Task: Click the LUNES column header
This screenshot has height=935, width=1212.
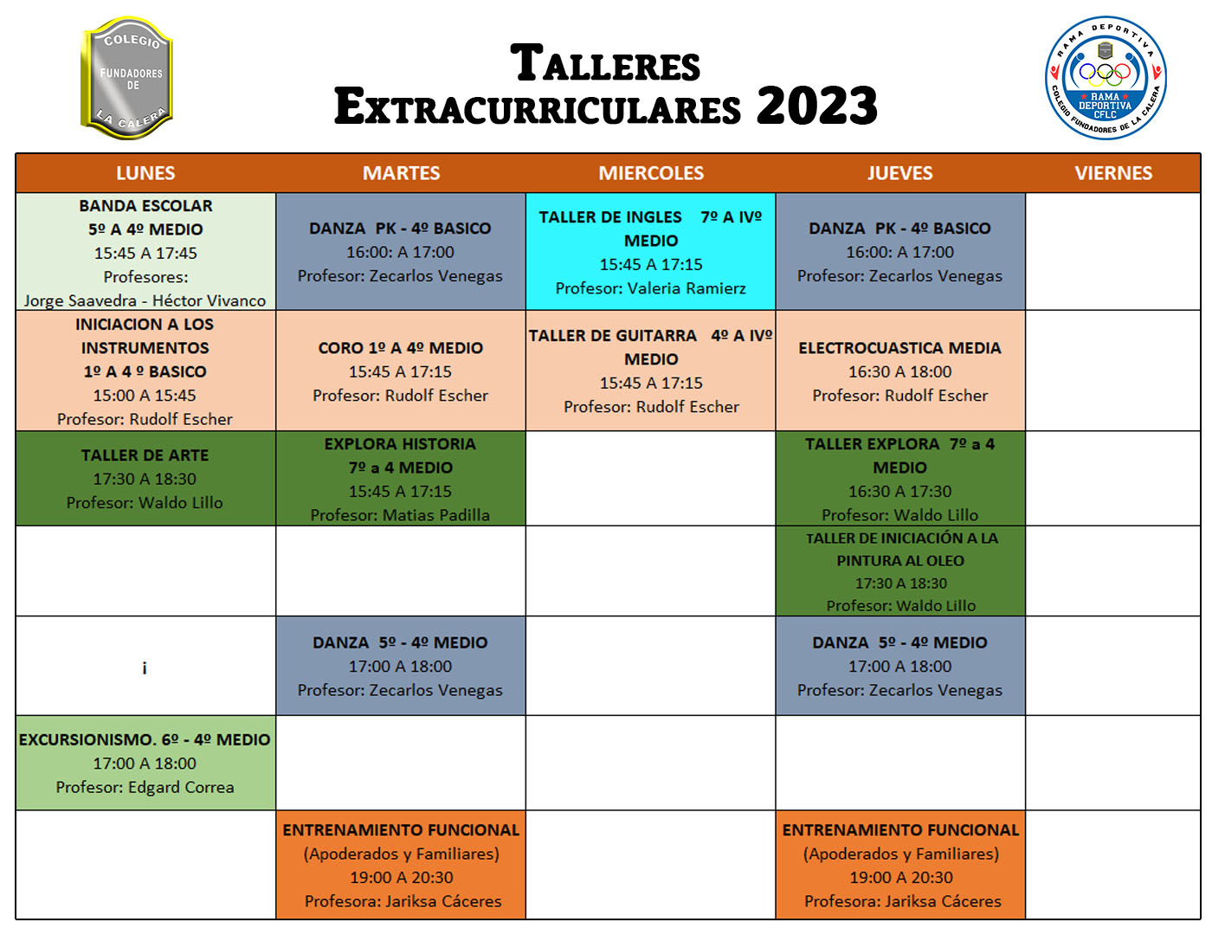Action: pyautogui.click(x=145, y=173)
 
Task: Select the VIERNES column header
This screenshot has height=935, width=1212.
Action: pyautogui.click(x=1113, y=173)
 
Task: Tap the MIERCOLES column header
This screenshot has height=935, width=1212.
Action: pyautogui.click(x=651, y=173)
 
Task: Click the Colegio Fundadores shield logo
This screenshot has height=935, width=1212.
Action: pyautogui.click(x=127, y=78)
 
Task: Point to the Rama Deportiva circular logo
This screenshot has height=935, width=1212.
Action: pyautogui.click(x=1106, y=78)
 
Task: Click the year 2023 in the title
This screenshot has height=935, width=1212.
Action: pyautogui.click(x=816, y=106)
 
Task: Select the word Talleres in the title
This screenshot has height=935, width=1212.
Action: pyautogui.click(x=605, y=62)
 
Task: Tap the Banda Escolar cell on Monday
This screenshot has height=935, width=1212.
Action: pyautogui.click(x=145, y=252)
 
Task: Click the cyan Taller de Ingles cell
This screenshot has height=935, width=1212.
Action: pyautogui.click(x=650, y=251)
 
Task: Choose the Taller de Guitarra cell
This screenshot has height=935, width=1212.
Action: pyautogui.click(x=650, y=371)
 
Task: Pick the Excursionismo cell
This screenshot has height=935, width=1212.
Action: pyautogui.click(x=145, y=763)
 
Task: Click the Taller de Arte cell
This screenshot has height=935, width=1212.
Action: pyautogui.click(x=145, y=479)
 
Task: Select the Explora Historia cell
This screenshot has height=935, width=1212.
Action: pyautogui.click(x=401, y=479)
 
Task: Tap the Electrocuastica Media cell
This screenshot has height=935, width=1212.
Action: pyautogui.click(x=900, y=371)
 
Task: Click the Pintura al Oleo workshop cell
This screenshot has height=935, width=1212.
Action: pyautogui.click(x=900, y=571)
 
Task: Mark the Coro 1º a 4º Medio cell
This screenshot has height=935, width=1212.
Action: pyautogui.click(x=401, y=371)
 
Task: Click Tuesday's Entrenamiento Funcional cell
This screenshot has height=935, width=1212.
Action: pyautogui.click(x=401, y=865)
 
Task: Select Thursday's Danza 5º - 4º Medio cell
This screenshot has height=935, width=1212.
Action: pyautogui.click(x=900, y=666)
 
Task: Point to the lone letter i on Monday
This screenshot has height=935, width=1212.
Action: pyautogui.click(x=145, y=667)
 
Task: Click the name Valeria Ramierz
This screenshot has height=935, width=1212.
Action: pyautogui.click(x=687, y=288)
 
